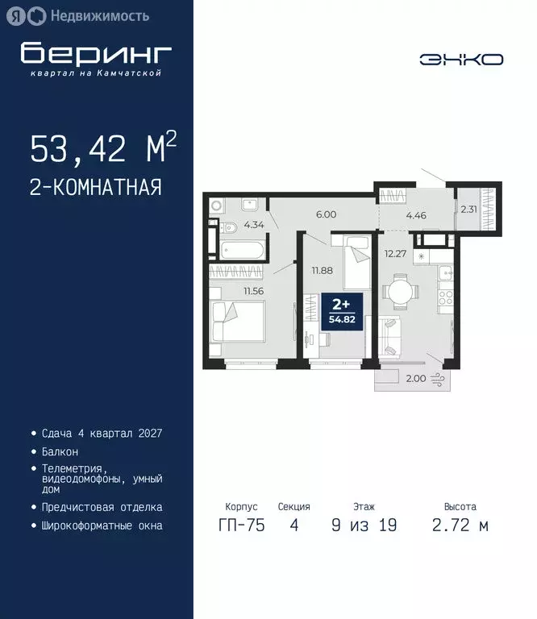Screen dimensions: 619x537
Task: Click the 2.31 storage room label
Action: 468,210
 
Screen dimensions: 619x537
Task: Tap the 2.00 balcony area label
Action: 414,378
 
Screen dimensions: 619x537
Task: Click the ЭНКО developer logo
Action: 461,59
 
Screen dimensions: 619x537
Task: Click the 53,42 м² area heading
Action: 103,149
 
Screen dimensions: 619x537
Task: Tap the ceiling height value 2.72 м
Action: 460,526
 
